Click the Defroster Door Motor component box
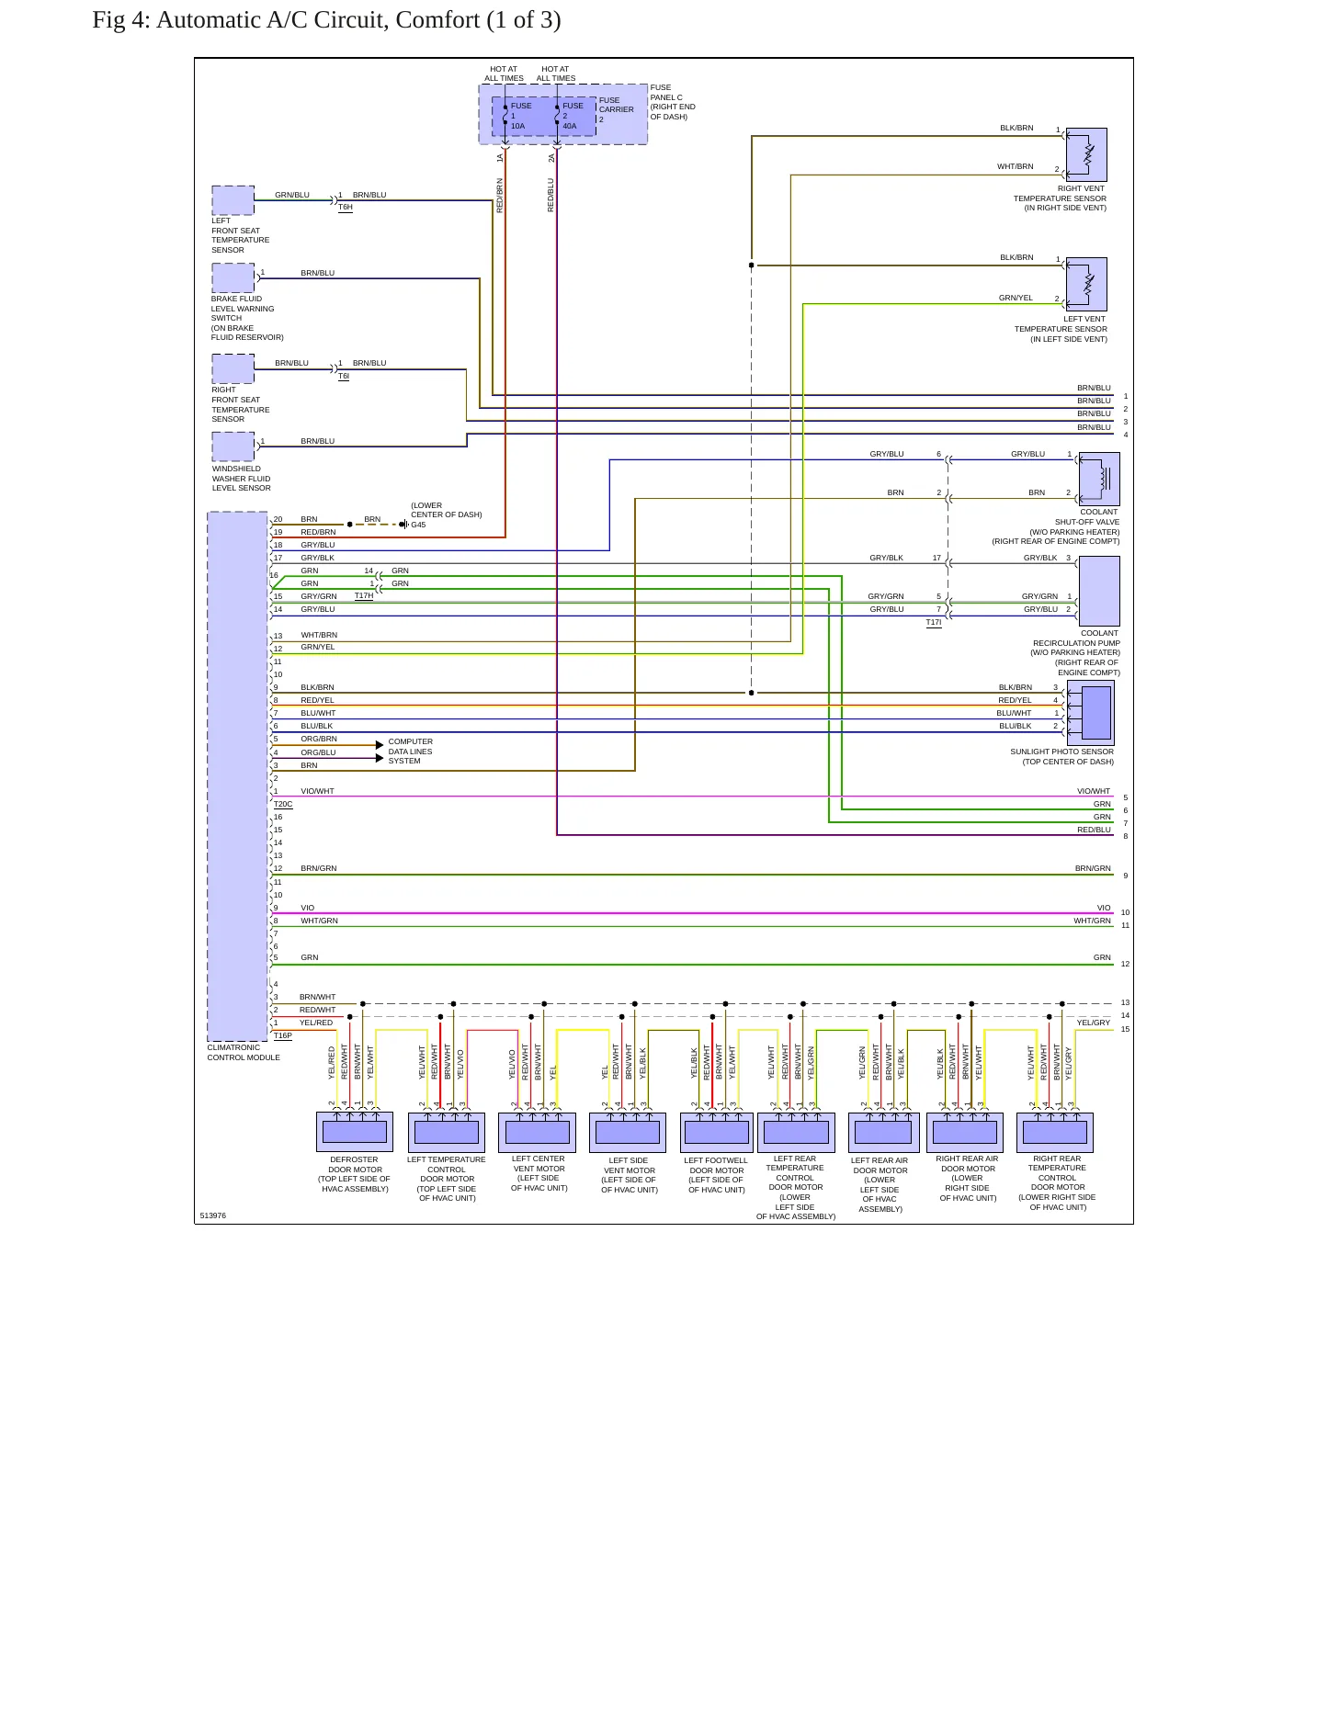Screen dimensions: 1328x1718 [x=355, y=1132]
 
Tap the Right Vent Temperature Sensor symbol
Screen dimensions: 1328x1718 [x=1086, y=154]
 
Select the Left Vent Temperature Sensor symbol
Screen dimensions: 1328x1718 [x=1086, y=284]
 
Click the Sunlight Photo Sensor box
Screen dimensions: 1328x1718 [x=1091, y=713]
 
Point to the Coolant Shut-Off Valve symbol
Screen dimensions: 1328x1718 [x=1099, y=479]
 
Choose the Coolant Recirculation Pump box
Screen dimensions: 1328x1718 [x=1099, y=592]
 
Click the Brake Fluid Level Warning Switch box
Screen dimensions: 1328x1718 [x=233, y=277]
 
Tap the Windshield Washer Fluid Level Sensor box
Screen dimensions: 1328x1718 [x=233, y=446]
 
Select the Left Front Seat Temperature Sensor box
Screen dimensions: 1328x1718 [x=233, y=200]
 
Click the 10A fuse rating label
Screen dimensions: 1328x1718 [x=518, y=126]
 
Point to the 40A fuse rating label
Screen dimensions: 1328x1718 [x=570, y=126]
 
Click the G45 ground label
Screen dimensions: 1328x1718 [x=418, y=525]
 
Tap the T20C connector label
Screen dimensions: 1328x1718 [x=283, y=804]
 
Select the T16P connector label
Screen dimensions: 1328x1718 [x=283, y=1035]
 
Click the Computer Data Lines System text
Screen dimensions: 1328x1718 [x=411, y=752]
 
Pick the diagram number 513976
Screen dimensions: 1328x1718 [x=213, y=1215]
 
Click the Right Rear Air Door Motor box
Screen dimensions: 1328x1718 [x=965, y=1132]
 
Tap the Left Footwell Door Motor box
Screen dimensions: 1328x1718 [x=717, y=1132]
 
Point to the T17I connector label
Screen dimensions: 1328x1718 [x=934, y=622]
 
